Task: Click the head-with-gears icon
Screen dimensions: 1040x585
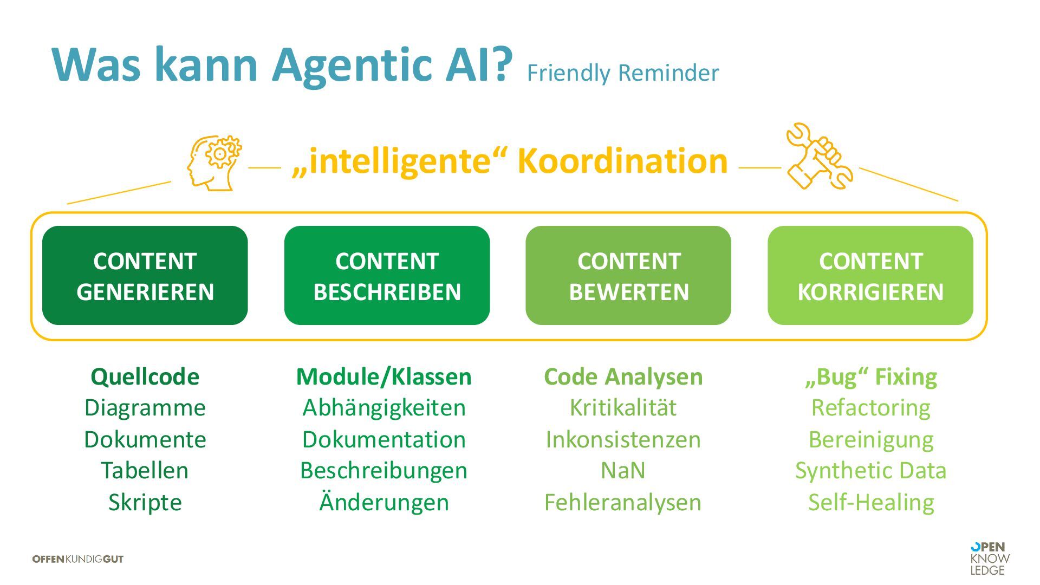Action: (x=214, y=162)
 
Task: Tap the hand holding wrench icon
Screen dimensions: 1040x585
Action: (x=818, y=157)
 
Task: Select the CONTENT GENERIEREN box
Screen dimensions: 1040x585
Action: (x=145, y=276)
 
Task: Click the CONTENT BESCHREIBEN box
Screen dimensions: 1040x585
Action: (x=387, y=276)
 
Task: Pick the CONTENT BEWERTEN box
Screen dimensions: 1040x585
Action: (x=628, y=276)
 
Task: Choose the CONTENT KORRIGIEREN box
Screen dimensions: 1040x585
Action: (x=870, y=276)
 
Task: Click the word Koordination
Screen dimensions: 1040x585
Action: (x=622, y=161)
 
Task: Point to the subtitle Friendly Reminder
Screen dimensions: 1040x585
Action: (x=622, y=73)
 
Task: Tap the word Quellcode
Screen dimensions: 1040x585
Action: (x=145, y=376)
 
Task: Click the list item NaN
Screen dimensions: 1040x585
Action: (x=623, y=470)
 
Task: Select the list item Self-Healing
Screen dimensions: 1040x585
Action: (x=871, y=502)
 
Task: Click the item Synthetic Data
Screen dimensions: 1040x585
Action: (x=871, y=470)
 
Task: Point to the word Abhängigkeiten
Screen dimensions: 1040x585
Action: (x=384, y=407)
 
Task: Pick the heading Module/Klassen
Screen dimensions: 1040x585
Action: (x=384, y=376)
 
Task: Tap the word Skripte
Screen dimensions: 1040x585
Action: (x=145, y=502)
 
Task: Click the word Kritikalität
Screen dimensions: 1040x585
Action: (x=623, y=407)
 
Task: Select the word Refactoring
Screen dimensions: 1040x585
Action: (x=871, y=407)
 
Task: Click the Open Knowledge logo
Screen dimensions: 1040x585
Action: (x=990, y=558)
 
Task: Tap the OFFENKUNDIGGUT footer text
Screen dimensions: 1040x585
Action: (x=78, y=559)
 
